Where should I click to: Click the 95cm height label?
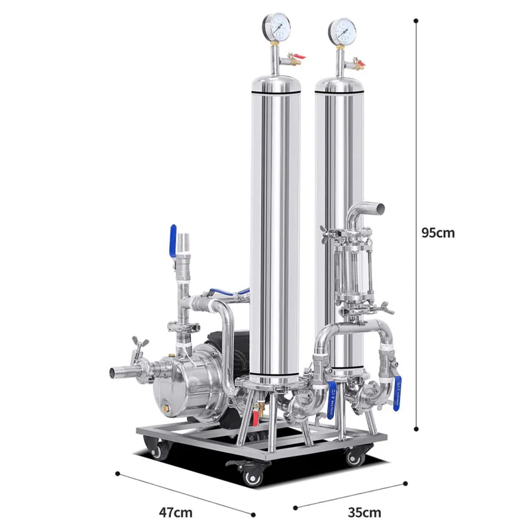pos(438,233)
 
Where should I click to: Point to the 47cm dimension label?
pos(176,512)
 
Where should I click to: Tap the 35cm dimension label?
pos(365,512)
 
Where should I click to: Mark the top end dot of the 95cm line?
pos(416,20)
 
